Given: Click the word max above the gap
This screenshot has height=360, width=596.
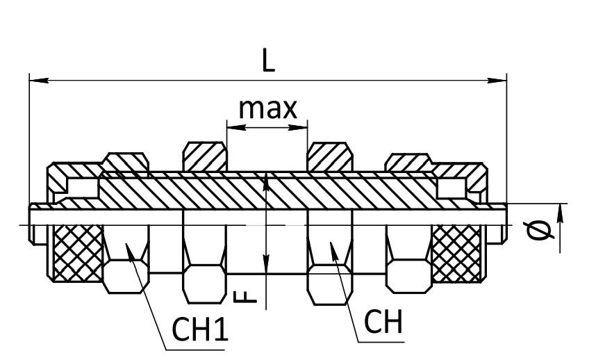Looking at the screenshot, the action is [267, 108].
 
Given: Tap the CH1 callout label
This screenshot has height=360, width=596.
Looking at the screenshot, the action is [200, 329].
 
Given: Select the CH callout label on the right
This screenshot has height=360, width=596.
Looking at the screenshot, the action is [383, 322].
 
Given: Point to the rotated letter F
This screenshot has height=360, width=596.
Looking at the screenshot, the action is [246, 297].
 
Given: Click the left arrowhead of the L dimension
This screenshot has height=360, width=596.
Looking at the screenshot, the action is [39, 81].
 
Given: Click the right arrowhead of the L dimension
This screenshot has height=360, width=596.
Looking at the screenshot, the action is [497, 81].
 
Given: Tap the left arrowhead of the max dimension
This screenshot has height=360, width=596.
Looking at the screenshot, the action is [236, 128].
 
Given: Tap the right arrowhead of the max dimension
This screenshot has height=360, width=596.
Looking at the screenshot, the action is [298, 128].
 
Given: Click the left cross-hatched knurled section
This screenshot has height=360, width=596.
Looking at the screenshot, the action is [78, 253].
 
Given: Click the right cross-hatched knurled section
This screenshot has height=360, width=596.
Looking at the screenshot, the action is [456, 253].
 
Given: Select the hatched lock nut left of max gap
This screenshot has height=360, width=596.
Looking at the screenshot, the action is [205, 156].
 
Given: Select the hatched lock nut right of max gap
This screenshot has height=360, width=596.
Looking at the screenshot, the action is [330, 156].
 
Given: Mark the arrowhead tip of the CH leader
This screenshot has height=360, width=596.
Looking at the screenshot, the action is [331, 242].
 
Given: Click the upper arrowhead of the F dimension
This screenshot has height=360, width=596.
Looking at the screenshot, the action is [267, 181].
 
